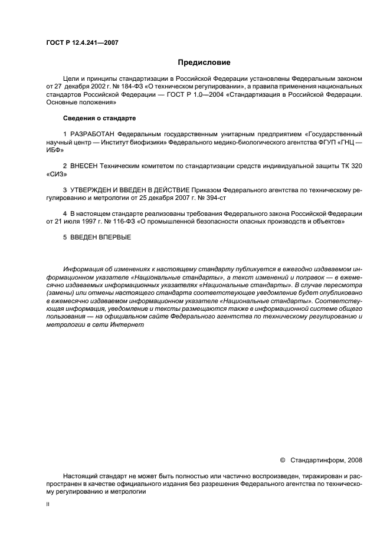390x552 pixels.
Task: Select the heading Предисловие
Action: (x=204, y=62)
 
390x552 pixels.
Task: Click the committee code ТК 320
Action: (x=350, y=166)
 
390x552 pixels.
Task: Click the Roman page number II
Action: (x=48, y=505)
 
